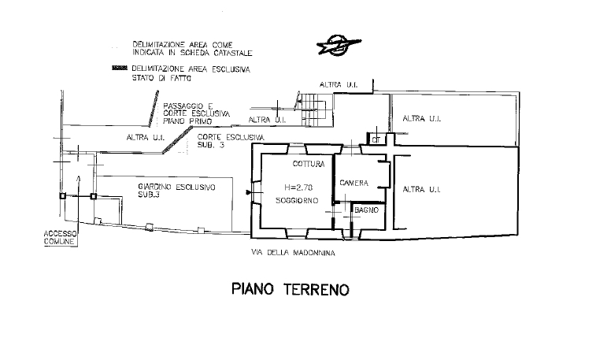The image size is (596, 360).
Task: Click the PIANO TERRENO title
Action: pos(291,289)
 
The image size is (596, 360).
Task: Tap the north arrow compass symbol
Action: pos(339,45)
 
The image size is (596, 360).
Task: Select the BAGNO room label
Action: pos(366,210)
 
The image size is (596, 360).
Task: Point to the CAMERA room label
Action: pos(354,183)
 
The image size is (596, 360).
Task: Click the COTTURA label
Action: pos(309,164)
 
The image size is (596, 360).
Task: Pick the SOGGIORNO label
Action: pos(297,200)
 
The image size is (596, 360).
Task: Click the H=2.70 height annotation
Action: pos(298,187)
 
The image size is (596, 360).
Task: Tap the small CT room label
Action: pos(376,140)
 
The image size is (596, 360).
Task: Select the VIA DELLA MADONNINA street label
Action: pos(293,253)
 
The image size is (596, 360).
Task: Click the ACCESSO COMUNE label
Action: pos(60,238)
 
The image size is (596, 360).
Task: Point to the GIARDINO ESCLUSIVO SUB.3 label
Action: pos(176,191)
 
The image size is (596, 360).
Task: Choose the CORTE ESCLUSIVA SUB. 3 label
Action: pos(231,141)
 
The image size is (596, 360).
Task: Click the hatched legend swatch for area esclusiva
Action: pos(119,68)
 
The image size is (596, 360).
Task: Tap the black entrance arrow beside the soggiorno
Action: pos(249,193)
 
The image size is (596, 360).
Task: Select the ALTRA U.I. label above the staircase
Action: pos(339,84)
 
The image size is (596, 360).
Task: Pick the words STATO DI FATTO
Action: pos(161,78)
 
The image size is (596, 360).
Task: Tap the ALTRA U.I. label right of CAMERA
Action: pos(421,189)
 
